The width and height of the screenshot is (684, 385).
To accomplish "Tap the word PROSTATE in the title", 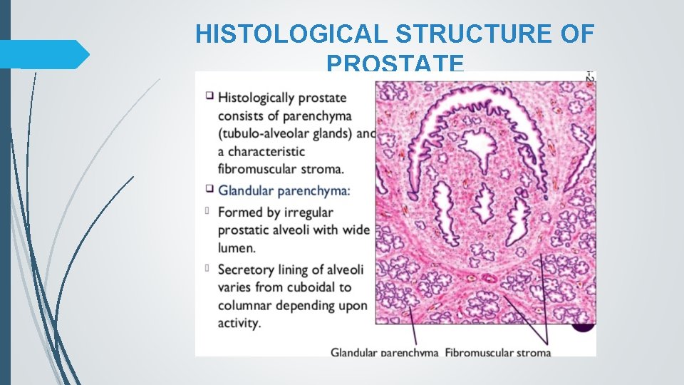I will tap(395, 63).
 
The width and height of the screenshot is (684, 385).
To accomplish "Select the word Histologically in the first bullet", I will tap(263, 98).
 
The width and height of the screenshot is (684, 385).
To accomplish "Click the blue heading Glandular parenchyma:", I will tap(284, 190).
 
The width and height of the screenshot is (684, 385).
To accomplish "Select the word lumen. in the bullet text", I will tap(237, 248).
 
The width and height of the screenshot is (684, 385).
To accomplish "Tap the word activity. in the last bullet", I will tap(240, 323).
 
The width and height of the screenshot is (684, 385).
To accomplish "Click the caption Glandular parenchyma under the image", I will tap(385, 352).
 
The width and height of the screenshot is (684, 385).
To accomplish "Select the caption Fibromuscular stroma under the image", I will tap(498, 352).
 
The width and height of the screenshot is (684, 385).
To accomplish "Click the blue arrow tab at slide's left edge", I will tap(43, 54).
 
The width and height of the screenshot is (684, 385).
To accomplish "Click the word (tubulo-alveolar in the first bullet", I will tap(266, 133).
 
